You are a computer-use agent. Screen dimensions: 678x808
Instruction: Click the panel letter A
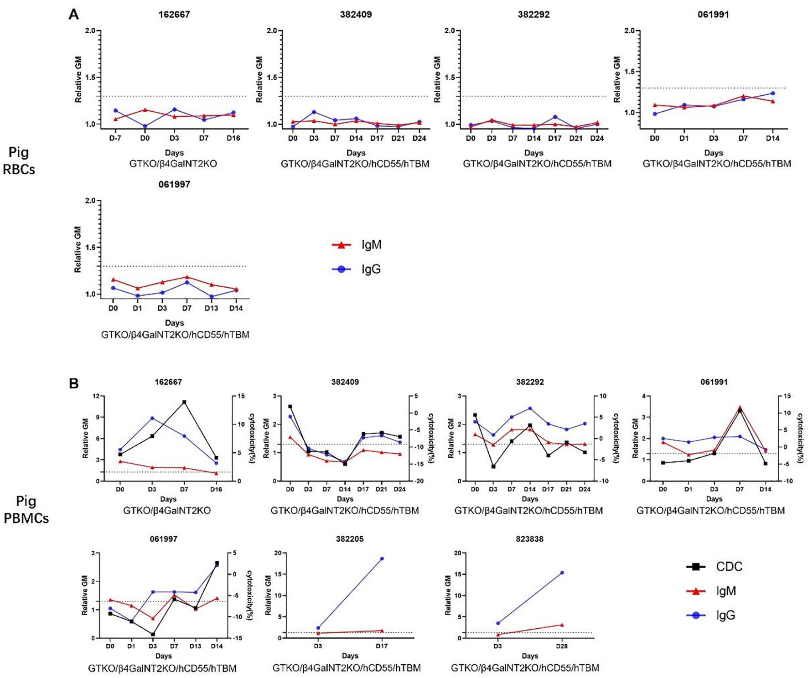pyautogui.click(x=73, y=15)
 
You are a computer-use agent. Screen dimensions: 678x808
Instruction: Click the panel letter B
pyautogui.click(x=73, y=383)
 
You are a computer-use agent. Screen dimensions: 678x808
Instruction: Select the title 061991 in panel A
pyautogui.click(x=713, y=15)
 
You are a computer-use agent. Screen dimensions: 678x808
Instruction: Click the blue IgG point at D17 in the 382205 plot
pyautogui.click(x=382, y=559)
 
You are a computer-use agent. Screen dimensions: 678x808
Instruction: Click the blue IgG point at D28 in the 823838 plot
pyautogui.click(x=562, y=573)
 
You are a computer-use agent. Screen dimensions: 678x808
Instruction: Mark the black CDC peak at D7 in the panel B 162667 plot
pyautogui.click(x=184, y=402)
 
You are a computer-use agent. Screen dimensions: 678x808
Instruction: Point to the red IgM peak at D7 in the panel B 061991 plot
pyautogui.click(x=740, y=407)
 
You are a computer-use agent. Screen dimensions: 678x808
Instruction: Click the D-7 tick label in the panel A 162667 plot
pyautogui.click(x=115, y=138)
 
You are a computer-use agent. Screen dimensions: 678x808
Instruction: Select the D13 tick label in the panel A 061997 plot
pyautogui.click(x=211, y=308)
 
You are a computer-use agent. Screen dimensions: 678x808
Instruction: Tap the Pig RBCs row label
pyautogui.click(x=19, y=160)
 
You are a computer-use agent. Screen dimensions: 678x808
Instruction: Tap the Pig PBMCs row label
pyautogui.click(x=26, y=509)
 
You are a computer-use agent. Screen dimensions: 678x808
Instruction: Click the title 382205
pyautogui.click(x=350, y=539)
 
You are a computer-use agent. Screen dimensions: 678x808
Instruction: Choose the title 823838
pyautogui.click(x=529, y=539)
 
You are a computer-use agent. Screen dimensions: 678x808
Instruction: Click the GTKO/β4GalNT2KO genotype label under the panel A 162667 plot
pyautogui.click(x=173, y=164)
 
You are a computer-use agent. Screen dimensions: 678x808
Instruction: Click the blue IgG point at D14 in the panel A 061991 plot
pyautogui.click(x=772, y=93)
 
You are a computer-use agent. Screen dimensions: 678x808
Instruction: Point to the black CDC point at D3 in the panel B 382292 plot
pyautogui.click(x=493, y=466)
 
